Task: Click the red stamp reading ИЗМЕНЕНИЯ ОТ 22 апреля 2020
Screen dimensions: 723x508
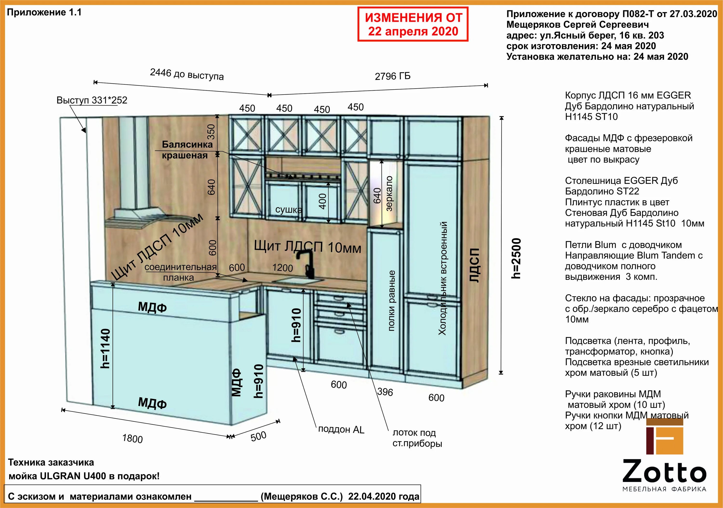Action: (413, 24)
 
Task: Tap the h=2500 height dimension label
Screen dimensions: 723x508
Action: (516, 258)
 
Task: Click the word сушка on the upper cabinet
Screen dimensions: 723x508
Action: (288, 210)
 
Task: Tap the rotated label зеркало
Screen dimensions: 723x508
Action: (389, 194)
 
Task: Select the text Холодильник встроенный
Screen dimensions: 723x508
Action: (442, 278)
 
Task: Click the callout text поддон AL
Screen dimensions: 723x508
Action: (341, 430)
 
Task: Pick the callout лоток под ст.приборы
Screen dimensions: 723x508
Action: (417, 438)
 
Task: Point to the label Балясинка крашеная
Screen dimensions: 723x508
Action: (187, 150)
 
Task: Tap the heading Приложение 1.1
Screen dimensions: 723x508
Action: (44, 12)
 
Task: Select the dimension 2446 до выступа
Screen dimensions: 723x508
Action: (187, 74)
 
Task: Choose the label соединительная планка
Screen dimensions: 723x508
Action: (181, 272)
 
